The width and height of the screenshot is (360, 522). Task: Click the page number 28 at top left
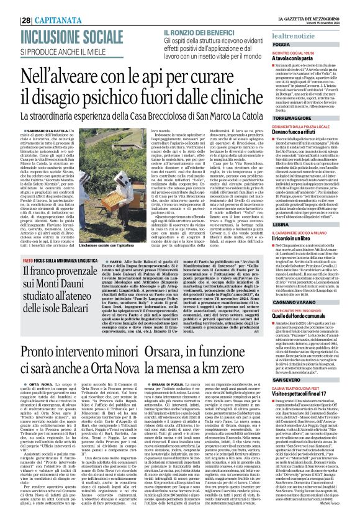(10, 4)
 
